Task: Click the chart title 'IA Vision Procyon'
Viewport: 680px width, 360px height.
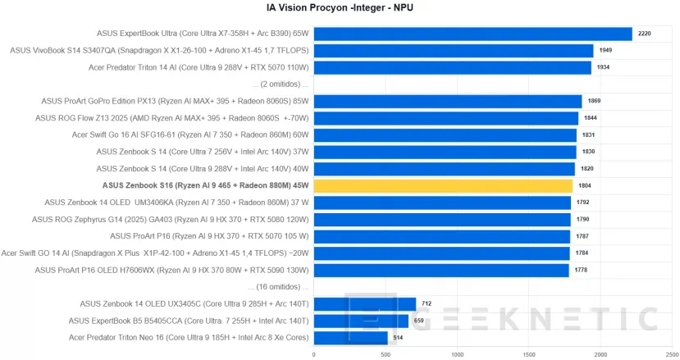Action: (340, 9)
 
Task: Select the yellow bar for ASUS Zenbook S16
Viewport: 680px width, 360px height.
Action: (443, 185)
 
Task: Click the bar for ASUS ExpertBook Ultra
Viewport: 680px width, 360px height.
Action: (472, 34)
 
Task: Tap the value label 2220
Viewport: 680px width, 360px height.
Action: (644, 34)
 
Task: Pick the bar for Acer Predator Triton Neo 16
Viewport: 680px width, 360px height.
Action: (350, 338)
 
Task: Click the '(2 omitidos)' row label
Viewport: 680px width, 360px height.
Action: (281, 84)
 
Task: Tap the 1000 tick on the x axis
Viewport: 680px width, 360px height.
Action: (457, 354)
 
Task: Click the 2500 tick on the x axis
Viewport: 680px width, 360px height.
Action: (673, 354)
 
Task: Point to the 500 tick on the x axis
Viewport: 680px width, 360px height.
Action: (386, 354)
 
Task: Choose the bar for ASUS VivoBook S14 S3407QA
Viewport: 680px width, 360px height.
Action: (453, 51)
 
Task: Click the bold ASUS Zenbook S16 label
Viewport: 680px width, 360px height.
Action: (205, 185)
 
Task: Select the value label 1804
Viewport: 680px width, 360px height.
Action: (584, 185)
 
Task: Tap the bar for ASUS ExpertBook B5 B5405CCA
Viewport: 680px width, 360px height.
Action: (361, 321)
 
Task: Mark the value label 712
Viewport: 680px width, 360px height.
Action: (427, 304)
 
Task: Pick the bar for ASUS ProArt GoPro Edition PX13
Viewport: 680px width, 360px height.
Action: (447, 101)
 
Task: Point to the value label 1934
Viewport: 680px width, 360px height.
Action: (603, 67)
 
